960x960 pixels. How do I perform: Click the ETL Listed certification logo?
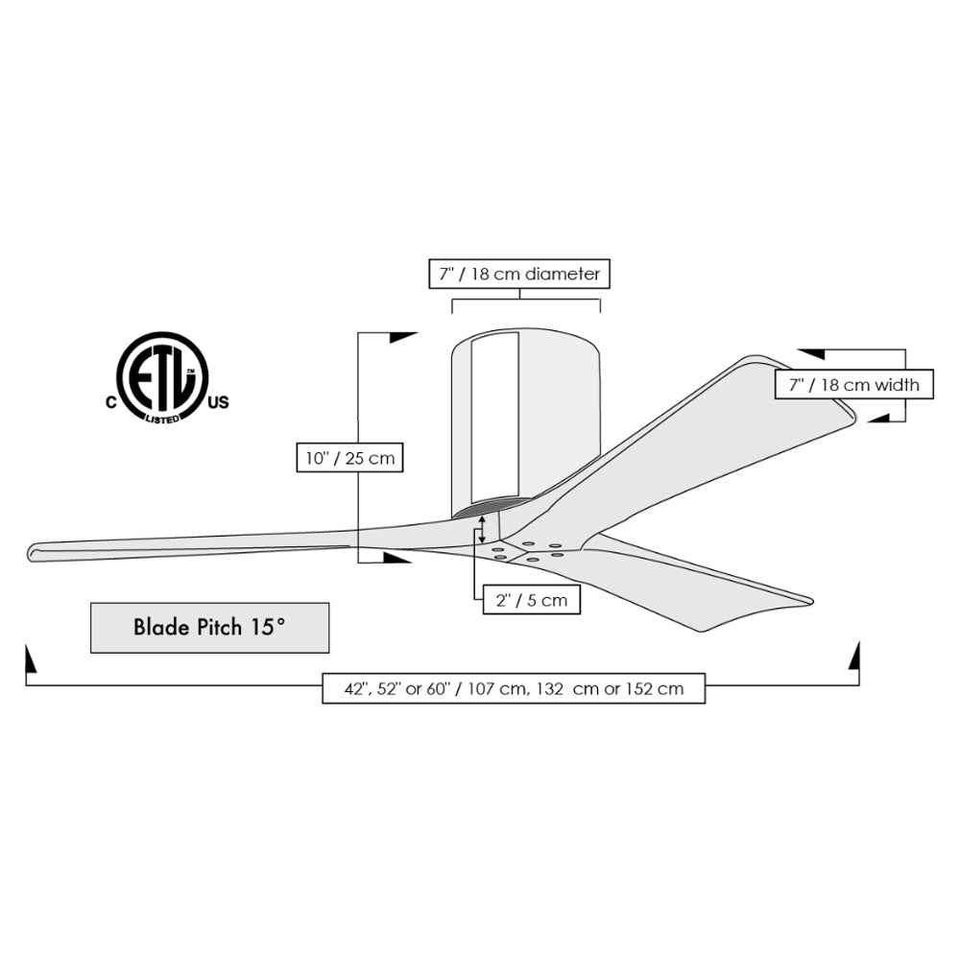click(163, 377)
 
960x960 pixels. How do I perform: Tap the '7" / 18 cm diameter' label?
click(519, 274)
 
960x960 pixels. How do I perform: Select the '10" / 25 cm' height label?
click(349, 458)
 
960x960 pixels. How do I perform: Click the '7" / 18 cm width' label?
click(854, 385)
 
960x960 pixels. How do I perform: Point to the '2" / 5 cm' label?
click(532, 600)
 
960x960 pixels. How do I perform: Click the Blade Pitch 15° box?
click(209, 628)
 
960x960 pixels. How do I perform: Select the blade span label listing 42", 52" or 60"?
click(514, 688)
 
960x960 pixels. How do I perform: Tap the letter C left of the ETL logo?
click(110, 402)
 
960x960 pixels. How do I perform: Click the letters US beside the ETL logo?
click(219, 402)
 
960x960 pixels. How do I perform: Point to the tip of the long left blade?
click(31, 553)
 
